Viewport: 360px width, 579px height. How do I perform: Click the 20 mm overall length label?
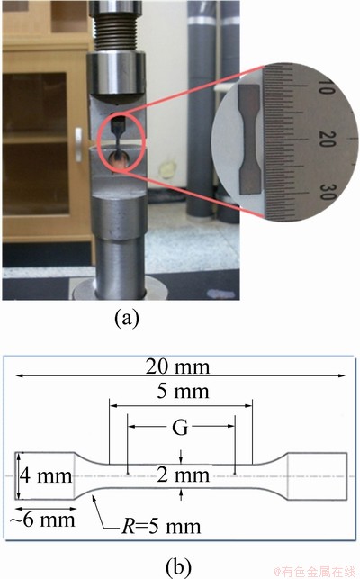177,366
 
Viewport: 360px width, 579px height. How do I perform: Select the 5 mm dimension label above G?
183,391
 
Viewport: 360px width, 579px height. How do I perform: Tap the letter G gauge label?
180,428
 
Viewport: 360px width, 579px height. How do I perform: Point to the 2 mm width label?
183,475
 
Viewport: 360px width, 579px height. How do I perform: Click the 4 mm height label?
46,475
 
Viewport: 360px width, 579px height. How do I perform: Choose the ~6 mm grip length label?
42,520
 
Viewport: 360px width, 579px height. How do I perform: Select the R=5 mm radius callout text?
161,527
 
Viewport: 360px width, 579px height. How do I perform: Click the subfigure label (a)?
127,318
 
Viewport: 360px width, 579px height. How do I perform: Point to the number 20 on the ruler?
327,139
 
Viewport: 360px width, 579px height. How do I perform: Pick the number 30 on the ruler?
327,192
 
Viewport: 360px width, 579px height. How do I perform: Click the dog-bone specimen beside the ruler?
250,140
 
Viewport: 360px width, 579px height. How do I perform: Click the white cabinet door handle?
78,144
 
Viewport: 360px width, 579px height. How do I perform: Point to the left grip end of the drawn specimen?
45,476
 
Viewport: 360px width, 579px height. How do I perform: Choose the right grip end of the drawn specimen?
317,476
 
